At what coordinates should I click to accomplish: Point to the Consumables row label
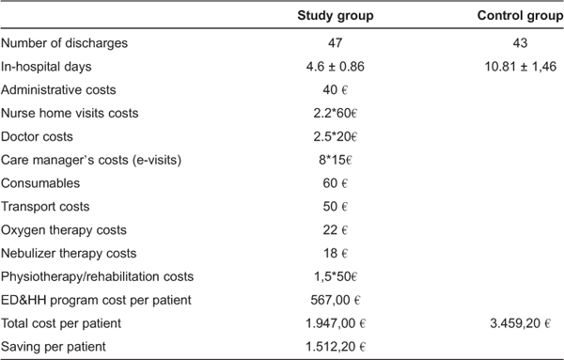pos(40,182)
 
